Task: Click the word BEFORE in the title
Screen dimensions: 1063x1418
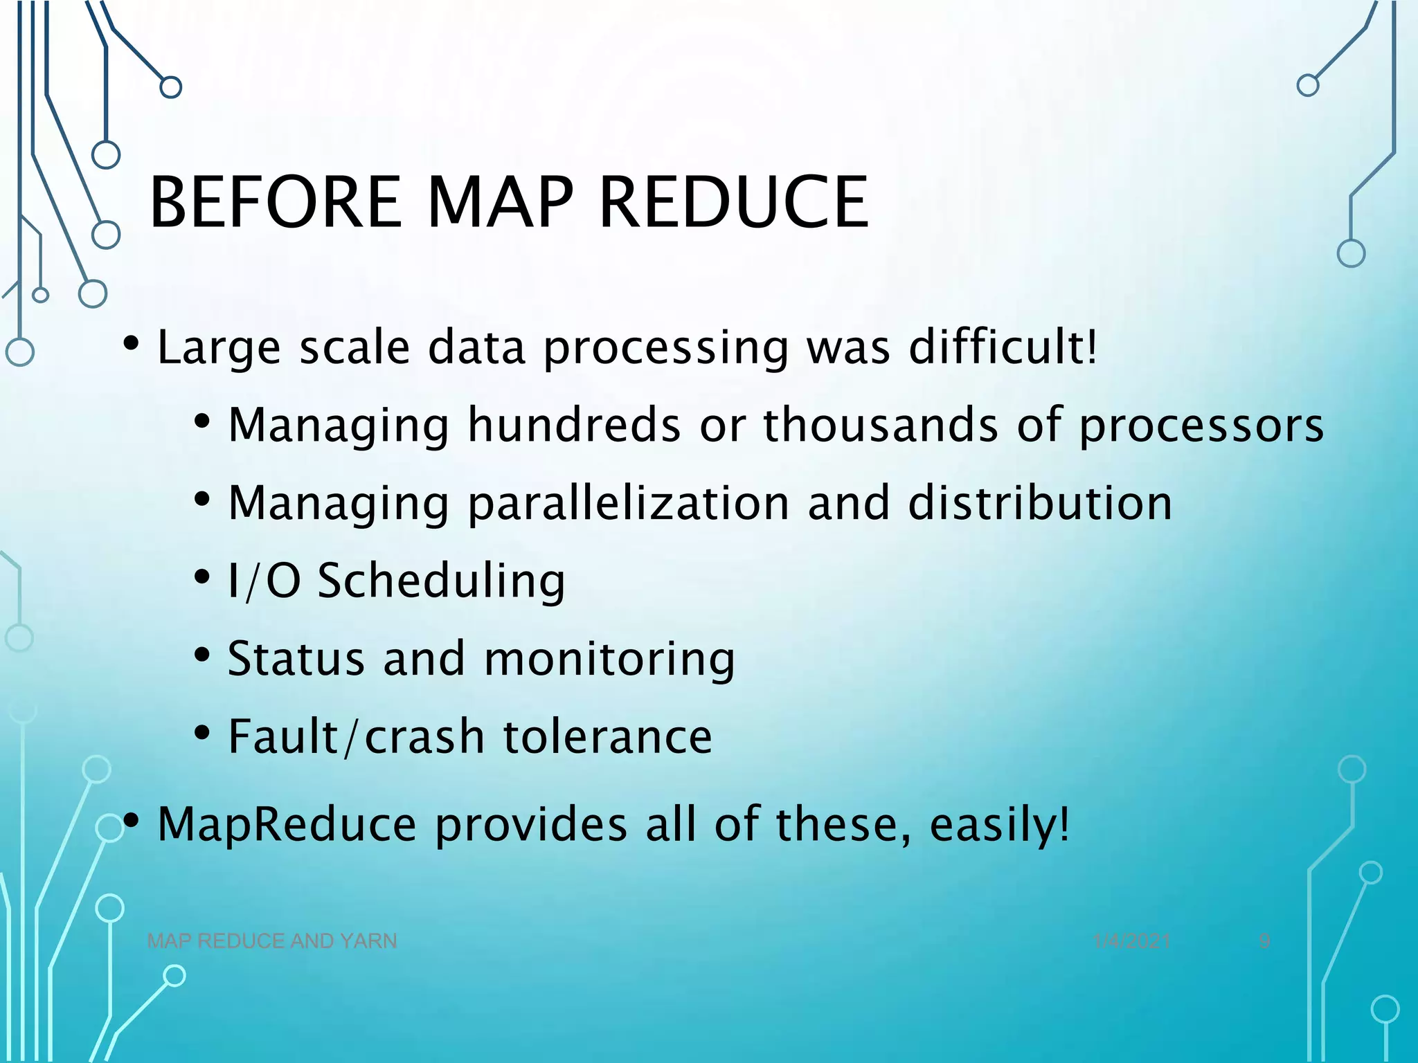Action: [x=276, y=202]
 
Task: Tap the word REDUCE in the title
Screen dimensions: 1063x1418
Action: [x=733, y=202]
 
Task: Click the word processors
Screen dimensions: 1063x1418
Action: [x=1201, y=426]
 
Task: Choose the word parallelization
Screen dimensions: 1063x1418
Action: [x=629, y=503]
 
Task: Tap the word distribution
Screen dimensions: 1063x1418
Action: [x=1040, y=502]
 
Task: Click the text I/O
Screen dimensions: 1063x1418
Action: [x=264, y=581]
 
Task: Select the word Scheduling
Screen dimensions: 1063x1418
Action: [x=441, y=582]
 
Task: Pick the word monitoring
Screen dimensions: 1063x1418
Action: [x=609, y=659]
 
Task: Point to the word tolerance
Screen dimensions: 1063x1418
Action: [x=607, y=736]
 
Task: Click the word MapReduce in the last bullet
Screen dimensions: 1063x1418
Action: [x=287, y=824]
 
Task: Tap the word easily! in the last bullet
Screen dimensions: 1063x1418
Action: [x=999, y=825]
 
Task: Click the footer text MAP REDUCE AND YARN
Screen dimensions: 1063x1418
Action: [x=272, y=941]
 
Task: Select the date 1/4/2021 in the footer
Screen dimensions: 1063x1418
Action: [x=1131, y=941]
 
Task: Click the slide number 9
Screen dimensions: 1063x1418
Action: [x=1264, y=941]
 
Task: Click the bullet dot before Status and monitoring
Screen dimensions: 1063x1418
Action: [x=201, y=654]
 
